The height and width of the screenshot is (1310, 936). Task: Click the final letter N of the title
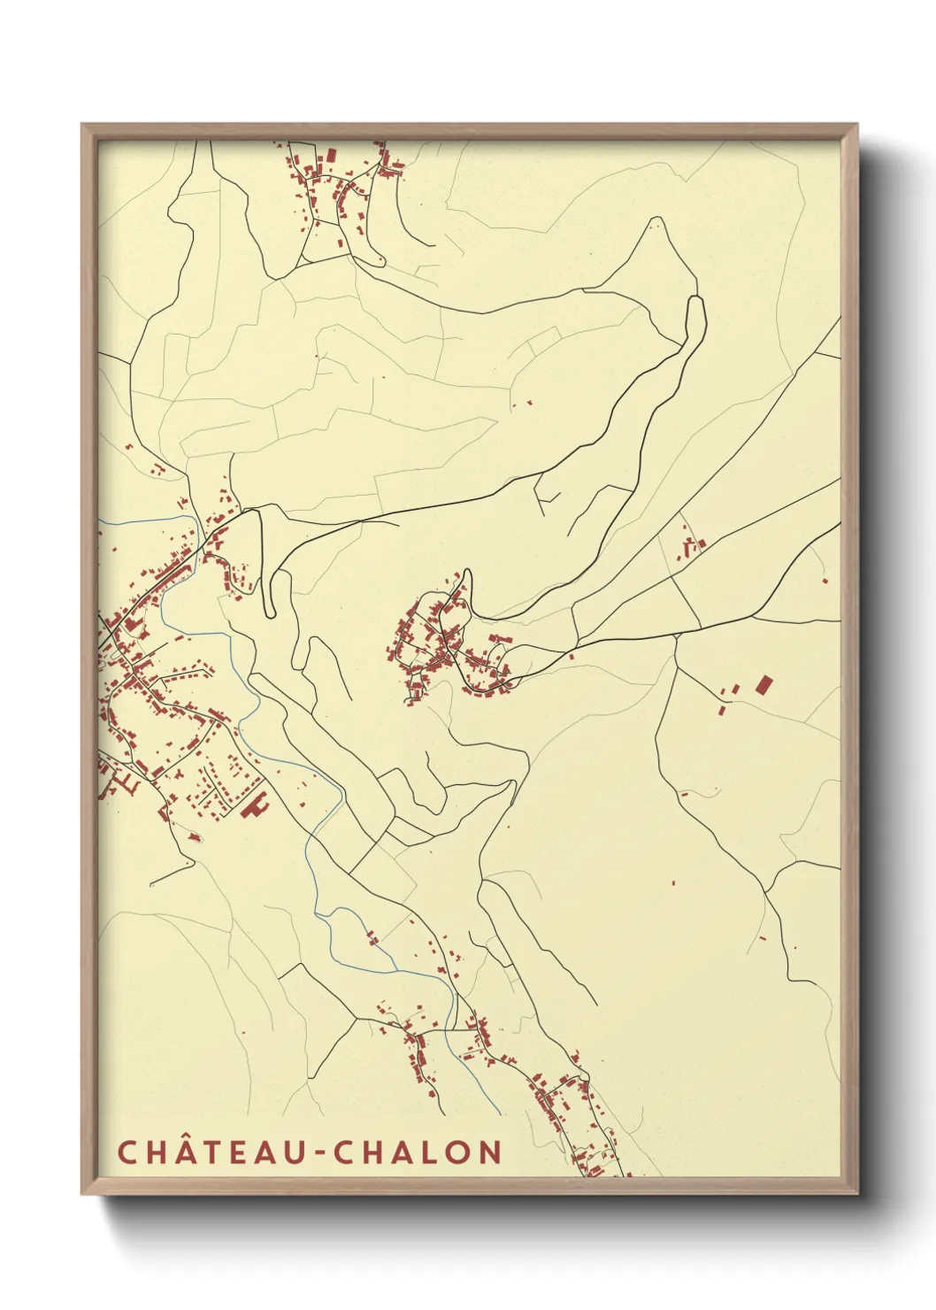[x=490, y=1152]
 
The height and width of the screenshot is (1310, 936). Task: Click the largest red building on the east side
[x=764, y=684]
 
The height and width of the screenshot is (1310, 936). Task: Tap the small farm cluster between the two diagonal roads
[x=690, y=542]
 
